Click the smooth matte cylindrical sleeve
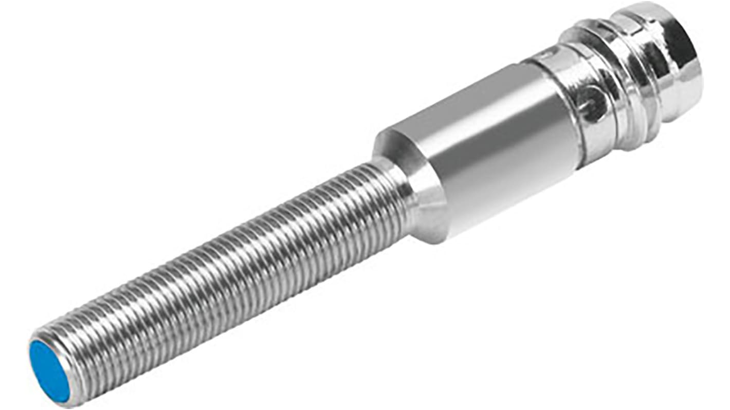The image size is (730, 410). pos(494,149)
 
